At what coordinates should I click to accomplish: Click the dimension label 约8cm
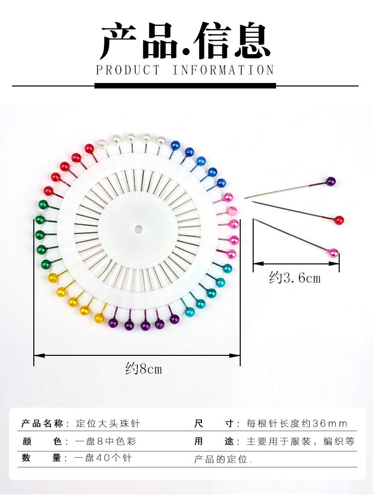144,369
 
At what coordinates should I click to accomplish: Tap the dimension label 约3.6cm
295,278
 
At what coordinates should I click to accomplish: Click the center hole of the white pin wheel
138,229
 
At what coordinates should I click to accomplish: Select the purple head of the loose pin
331,181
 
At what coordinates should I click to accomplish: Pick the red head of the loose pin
339,220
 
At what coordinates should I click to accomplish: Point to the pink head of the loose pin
334,253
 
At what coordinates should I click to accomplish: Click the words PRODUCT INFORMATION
185,70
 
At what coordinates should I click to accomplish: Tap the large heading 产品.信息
185,41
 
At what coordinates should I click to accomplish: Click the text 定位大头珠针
108,424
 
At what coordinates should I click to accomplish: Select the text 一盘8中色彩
105,441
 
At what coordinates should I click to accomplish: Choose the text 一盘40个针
103,458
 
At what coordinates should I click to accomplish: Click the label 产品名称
42,424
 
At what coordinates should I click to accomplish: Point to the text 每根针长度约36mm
297,424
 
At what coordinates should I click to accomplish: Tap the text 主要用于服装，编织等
300,441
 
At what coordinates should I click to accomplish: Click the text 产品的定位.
223,459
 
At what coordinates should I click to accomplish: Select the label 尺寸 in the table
214,424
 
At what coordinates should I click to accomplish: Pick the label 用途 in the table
214,441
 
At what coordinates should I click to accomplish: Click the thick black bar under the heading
185,85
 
